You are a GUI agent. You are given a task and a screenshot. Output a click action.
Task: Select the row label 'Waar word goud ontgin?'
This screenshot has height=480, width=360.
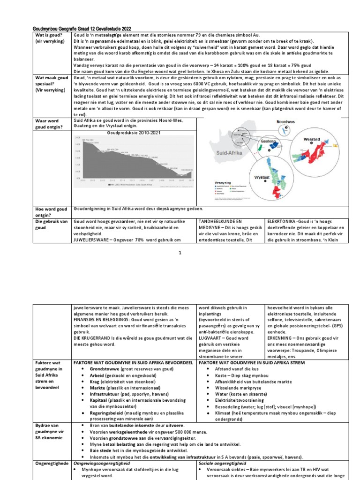(50, 124)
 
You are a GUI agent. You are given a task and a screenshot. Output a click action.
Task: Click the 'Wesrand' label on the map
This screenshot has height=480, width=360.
(312, 139)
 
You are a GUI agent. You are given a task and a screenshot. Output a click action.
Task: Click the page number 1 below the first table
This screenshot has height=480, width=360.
(180, 253)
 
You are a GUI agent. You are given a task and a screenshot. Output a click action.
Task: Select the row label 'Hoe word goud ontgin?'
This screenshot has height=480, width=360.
(50, 212)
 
